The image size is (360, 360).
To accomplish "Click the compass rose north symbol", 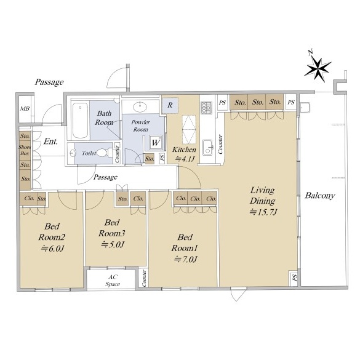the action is [x=318, y=68].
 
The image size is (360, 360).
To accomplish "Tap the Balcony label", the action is [x=320, y=196].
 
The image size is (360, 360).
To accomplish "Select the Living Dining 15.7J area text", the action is [x=263, y=201].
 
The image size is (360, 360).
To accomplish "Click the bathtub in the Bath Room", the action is [x=80, y=121].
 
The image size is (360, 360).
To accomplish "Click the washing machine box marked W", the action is [x=156, y=143].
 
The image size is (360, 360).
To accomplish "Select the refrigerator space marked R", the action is [x=170, y=105].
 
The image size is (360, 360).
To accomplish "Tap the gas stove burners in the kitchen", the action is [x=206, y=108].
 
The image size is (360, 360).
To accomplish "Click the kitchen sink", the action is [x=209, y=148].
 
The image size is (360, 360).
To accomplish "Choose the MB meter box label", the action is [x=25, y=108].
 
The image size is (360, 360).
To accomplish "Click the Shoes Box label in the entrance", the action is [x=25, y=150].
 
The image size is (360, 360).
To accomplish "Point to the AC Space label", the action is [x=113, y=281].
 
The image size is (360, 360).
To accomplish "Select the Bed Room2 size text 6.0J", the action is [x=52, y=249].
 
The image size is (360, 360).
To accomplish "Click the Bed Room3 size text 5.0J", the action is [x=113, y=244].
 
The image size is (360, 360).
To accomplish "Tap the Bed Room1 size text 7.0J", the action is [x=185, y=260].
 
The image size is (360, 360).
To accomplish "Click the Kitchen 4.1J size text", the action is [x=185, y=159].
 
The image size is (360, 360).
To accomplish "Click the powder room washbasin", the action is [x=140, y=106].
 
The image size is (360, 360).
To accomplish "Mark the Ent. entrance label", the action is [x=50, y=142].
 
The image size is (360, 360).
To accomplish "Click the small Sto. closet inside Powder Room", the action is [x=150, y=159].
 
